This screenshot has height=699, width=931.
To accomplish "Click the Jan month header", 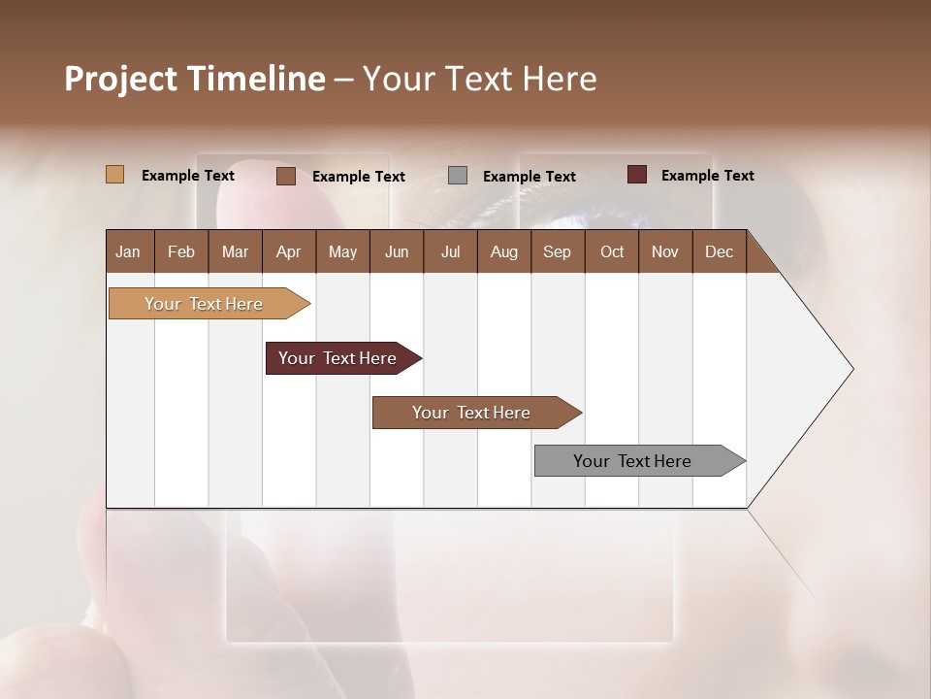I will click(x=128, y=251).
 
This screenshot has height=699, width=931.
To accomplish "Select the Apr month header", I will click(x=288, y=251).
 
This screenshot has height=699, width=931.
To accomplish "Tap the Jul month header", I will click(x=450, y=251).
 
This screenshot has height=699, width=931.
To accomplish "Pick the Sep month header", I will click(x=557, y=251).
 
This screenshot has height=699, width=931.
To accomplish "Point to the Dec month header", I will click(x=719, y=251).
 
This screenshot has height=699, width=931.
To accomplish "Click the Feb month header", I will click(x=181, y=251).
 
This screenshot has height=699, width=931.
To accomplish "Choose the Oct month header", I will click(x=612, y=251).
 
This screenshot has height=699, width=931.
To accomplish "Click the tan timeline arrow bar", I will click(x=204, y=304).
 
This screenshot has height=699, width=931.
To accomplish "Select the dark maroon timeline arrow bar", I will click(x=337, y=358).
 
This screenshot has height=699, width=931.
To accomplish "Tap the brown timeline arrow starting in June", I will click(x=471, y=413).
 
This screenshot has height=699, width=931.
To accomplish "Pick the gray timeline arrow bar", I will click(x=632, y=461).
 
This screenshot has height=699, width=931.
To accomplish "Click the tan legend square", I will click(x=114, y=175).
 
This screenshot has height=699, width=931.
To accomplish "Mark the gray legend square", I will click(x=458, y=176).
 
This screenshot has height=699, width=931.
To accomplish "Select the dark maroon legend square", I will click(x=636, y=175).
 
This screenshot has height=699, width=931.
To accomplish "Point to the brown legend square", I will click(x=286, y=176).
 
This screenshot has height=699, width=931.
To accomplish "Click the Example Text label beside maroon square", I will click(x=707, y=175).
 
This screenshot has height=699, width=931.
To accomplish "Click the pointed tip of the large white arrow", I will click(x=851, y=369).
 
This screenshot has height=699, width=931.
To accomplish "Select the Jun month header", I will click(x=397, y=251).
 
